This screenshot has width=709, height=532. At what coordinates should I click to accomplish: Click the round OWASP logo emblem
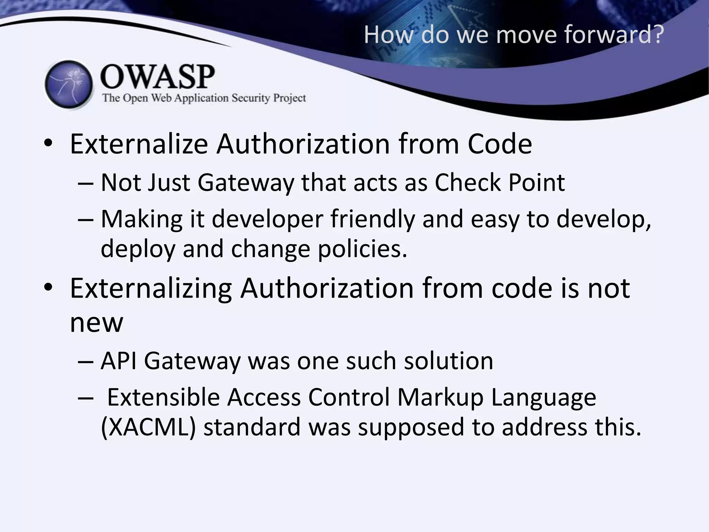click(69, 85)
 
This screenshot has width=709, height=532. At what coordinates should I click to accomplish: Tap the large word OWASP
click(158, 77)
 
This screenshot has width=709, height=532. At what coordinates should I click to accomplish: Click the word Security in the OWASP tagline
click(251, 98)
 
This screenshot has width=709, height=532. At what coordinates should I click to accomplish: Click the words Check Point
click(500, 183)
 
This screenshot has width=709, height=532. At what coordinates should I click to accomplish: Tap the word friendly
click(373, 219)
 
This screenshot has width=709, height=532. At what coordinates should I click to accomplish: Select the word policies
click(362, 249)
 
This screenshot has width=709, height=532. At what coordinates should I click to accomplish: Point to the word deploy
click(138, 249)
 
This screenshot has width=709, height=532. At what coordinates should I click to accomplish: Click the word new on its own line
click(96, 323)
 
